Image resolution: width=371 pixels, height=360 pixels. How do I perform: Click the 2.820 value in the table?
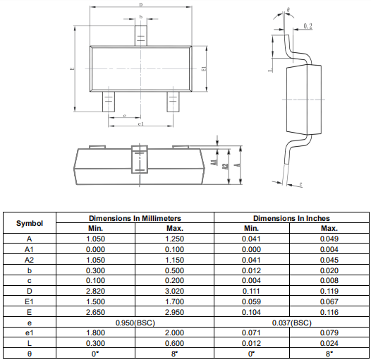95,291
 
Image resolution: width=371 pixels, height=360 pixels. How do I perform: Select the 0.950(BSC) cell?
135,323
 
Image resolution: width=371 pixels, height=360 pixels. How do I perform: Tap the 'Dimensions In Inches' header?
291,218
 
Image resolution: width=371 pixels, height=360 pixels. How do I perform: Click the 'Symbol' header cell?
30,223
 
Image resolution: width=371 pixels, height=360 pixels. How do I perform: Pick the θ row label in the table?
30,354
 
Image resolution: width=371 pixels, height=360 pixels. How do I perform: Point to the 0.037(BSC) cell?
291,323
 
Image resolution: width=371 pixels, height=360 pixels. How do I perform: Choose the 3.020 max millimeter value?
174,291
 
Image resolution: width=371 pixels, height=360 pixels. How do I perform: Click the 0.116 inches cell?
329,312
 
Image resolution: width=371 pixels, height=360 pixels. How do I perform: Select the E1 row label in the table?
29,301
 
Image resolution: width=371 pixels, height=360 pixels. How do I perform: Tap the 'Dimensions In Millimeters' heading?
135,218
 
